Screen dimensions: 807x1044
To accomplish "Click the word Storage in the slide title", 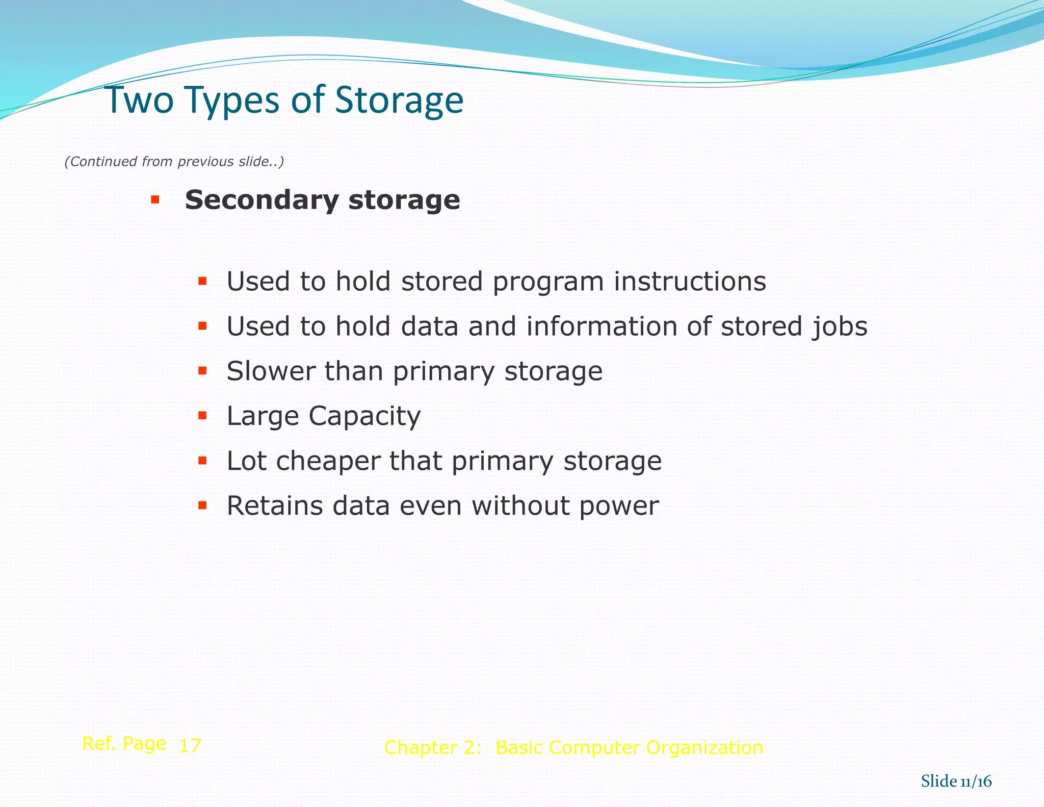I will pyautogui.click(x=399, y=100).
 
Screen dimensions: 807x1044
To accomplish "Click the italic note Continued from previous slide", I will pyautogui.click(x=174, y=162).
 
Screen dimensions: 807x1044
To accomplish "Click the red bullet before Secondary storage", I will pyautogui.click(x=155, y=199).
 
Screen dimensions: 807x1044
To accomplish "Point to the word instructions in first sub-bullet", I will pyautogui.click(x=689, y=282).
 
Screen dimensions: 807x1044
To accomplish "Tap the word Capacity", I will pyautogui.click(x=364, y=417).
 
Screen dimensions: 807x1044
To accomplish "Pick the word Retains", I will pyautogui.click(x=275, y=506).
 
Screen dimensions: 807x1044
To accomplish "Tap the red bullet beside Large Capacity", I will pyautogui.click(x=202, y=416).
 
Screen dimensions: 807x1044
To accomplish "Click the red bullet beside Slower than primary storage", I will pyautogui.click(x=202, y=371).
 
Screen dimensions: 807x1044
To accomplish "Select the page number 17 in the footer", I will pyautogui.click(x=190, y=746).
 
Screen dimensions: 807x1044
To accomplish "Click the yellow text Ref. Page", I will pyautogui.click(x=124, y=744).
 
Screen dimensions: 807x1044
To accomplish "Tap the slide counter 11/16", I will pyautogui.click(x=976, y=781).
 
